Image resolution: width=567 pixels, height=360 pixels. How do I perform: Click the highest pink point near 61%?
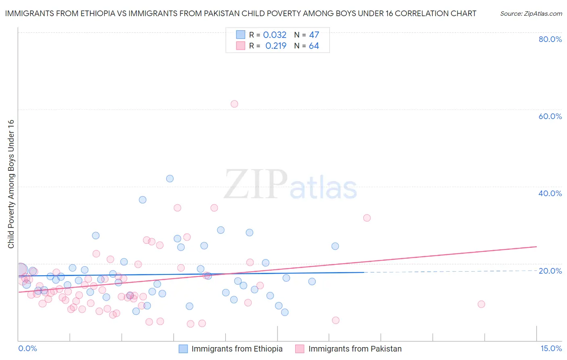click(234, 104)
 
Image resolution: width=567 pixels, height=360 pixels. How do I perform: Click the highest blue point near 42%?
click(170, 178)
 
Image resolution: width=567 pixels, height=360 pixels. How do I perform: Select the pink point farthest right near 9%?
click(481, 304)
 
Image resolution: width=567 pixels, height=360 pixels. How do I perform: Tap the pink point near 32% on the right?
click(367, 218)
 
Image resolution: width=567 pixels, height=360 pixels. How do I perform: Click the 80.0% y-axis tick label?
click(550, 39)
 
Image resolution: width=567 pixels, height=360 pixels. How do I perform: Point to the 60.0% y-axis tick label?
click(550, 116)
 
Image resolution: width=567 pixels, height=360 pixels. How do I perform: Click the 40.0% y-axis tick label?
click(550, 193)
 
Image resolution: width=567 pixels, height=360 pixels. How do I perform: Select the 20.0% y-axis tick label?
click(550, 270)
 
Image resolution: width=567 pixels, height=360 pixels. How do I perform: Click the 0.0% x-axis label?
click(27, 348)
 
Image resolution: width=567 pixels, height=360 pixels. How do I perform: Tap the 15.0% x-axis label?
click(551, 348)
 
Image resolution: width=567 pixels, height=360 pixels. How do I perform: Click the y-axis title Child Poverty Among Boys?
click(11, 184)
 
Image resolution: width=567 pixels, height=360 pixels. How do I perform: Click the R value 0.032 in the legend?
click(275, 35)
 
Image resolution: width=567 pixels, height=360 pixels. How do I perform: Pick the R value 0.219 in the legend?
click(276, 46)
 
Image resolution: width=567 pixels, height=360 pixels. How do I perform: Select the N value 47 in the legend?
click(314, 35)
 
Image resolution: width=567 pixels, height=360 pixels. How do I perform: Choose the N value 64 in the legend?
click(314, 46)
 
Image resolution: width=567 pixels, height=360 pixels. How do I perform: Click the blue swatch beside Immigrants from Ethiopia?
click(183, 349)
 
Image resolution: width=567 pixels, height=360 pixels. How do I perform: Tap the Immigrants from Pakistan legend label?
click(355, 349)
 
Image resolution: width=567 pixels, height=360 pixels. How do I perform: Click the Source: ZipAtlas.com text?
click(531, 14)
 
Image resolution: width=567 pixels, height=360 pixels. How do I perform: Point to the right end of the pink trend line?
click(536, 246)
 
